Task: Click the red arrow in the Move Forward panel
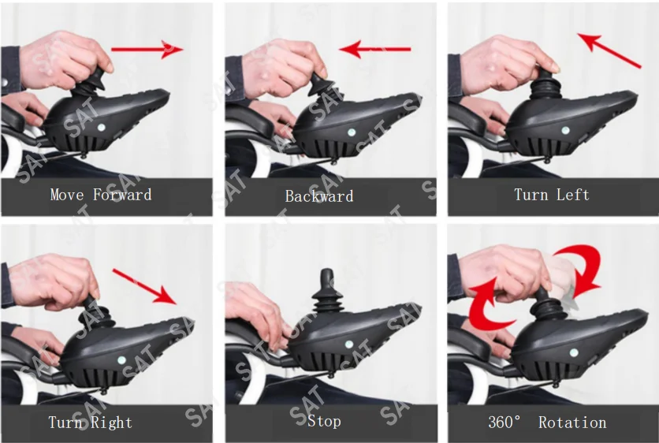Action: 147,50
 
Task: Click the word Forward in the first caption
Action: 122,195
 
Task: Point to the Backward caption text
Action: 319,195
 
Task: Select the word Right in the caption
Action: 113,423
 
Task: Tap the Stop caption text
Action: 324,421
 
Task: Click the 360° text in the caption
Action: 505,423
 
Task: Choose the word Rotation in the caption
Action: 572,423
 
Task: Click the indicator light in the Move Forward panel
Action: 99,126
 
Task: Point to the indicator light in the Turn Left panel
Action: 563,130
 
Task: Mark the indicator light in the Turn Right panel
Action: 121,359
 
